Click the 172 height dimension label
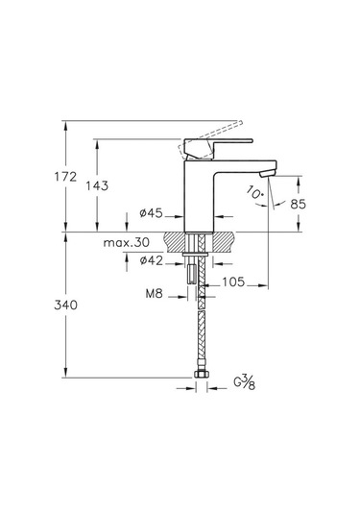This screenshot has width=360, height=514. point(65,177)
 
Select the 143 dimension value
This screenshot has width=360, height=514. point(97,185)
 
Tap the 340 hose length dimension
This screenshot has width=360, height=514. point(65,306)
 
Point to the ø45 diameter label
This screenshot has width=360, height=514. point(151,213)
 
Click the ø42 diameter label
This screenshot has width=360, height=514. point(151,260)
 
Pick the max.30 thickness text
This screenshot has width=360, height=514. point(127,243)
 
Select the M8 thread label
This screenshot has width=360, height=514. point(154,293)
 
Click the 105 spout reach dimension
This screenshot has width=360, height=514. point(233,281)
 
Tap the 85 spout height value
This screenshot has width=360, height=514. point(299,205)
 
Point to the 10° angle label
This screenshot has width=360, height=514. point(255,192)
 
